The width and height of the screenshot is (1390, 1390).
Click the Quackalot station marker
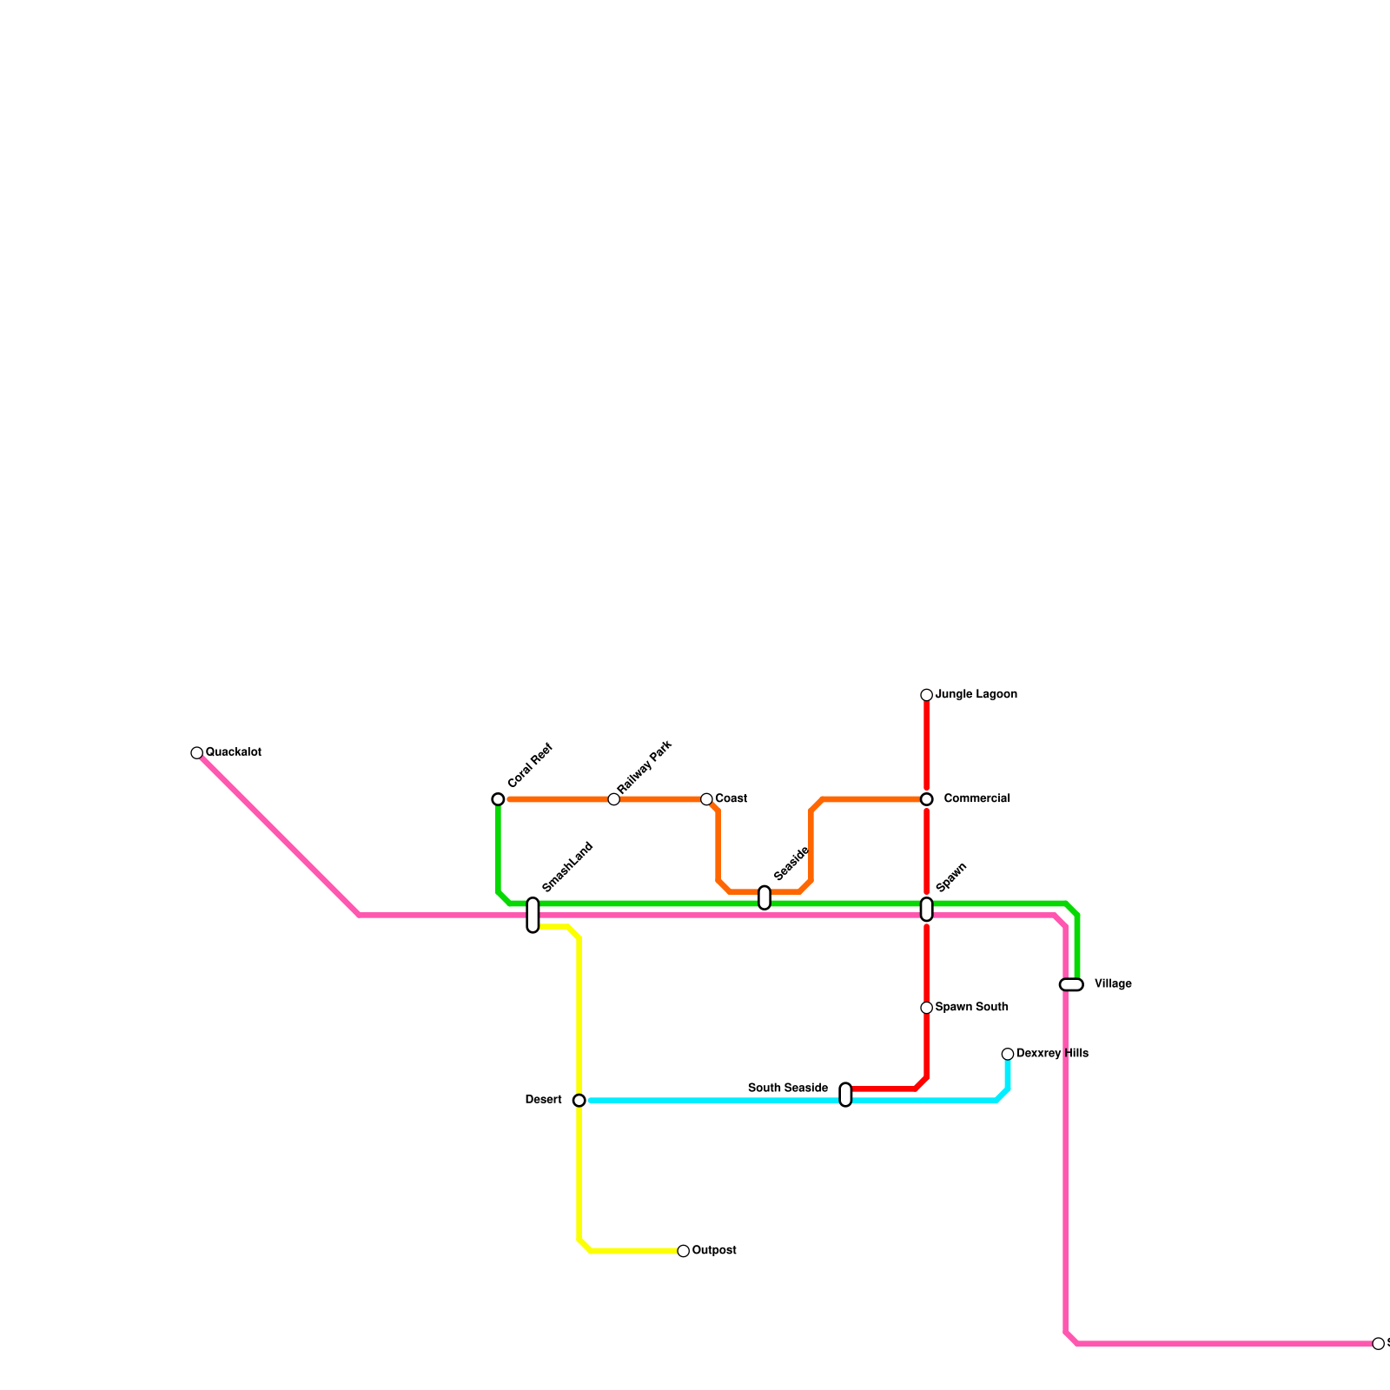[197, 752]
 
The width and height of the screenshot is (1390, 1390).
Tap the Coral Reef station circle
[498, 799]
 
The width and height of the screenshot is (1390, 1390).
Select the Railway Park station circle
[614, 799]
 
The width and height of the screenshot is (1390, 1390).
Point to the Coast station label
[731, 799]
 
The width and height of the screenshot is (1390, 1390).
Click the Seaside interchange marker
[764, 897]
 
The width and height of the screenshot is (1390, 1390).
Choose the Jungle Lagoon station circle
[927, 695]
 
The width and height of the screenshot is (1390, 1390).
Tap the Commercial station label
[976, 799]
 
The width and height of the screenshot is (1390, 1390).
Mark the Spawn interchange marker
[927, 910]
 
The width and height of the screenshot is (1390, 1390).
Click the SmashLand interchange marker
[533, 915]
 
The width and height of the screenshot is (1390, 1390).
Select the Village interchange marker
[1071, 984]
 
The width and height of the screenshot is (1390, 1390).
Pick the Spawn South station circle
[927, 1008]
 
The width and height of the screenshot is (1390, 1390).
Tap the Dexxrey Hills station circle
[1008, 1054]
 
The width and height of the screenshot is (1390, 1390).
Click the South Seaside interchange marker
[845, 1095]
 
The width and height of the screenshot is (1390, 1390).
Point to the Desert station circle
[579, 1101]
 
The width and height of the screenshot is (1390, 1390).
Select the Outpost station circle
[684, 1251]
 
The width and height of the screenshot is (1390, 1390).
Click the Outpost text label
[714, 1251]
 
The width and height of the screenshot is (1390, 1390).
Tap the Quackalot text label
[234, 752]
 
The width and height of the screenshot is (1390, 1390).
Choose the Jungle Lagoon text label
[976, 695]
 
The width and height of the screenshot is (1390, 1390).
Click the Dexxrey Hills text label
[1052, 1054]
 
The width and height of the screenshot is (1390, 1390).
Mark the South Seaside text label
[788, 1089]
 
